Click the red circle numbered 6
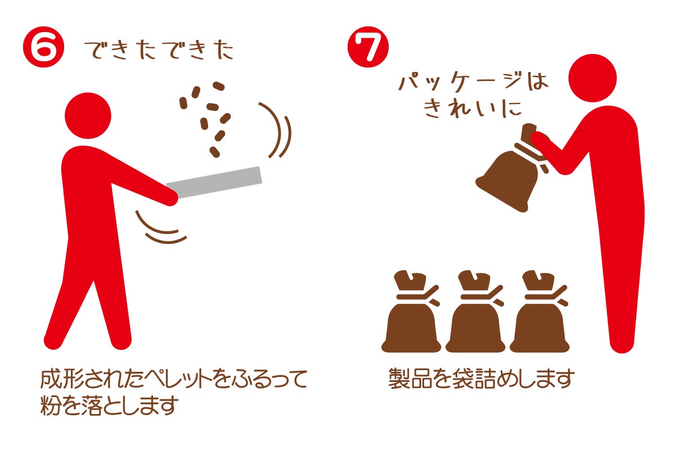coord(44,47)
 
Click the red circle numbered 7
coord(368,47)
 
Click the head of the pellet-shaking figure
coord(88,116)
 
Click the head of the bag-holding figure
coord(592,78)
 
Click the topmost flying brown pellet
coord(219,86)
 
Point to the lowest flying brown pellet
coord(214,152)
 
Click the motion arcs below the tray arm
coord(160,229)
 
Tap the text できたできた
coord(159,50)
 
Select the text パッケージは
coord(473,81)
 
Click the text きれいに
coord(472,109)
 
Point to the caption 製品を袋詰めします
coord(481,379)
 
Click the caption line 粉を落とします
coord(109,406)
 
